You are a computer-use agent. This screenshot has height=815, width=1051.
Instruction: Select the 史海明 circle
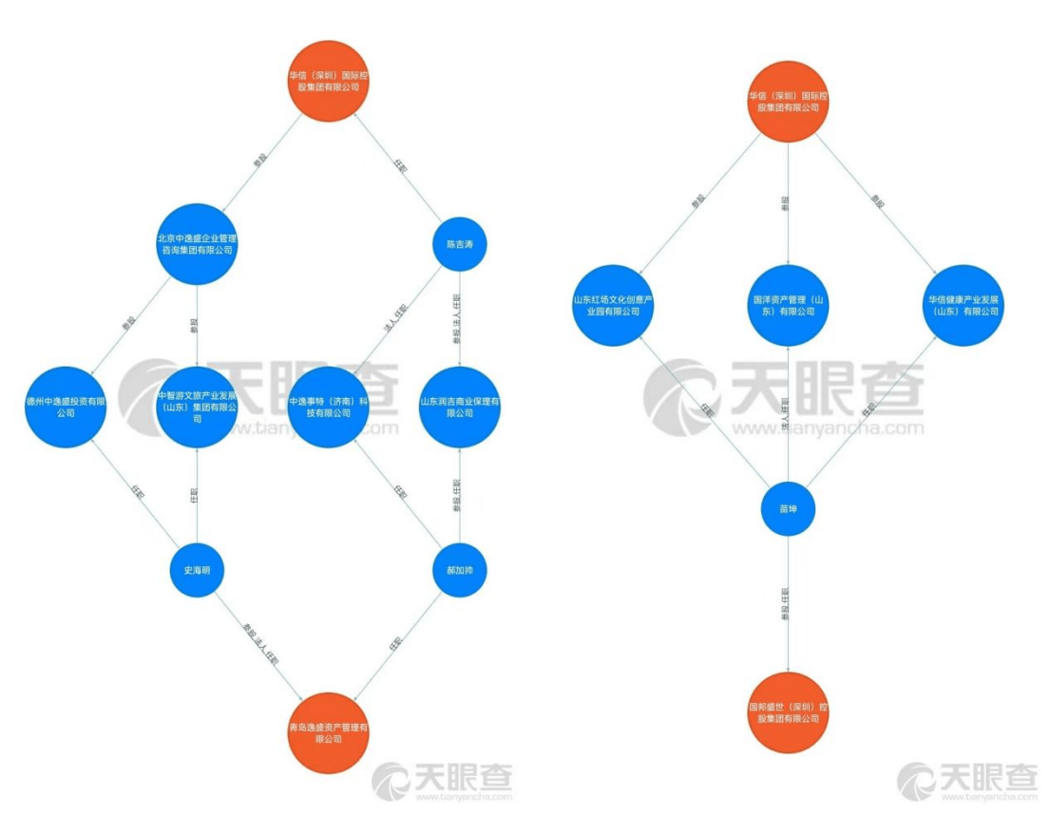click(x=197, y=570)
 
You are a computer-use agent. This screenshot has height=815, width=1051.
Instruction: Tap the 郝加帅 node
click(x=460, y=570)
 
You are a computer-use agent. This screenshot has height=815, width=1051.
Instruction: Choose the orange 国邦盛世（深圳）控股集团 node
click(x=788, y=712)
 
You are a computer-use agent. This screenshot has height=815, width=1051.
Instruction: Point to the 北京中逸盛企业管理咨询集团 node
click(x=197, y=243)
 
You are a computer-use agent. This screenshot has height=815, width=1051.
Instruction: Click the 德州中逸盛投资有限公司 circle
click(x=64, y=407)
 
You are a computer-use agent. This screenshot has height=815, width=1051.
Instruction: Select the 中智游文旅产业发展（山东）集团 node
click(x=197, y=407)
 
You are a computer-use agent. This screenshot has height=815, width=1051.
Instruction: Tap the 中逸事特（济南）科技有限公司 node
click(x=328, y=407)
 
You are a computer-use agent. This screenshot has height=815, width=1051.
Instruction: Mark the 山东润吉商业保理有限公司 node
click(x=460, y=407)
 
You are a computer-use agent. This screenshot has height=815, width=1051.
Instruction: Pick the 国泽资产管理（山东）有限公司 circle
click(x=788, y=305)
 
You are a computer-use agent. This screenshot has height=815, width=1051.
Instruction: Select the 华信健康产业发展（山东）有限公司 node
click(x=965, y=305)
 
